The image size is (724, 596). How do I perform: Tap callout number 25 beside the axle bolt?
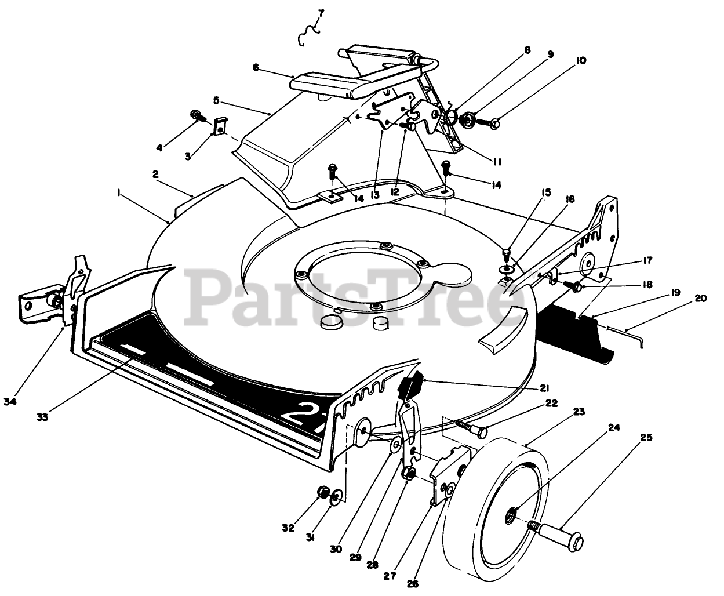tap(645, 438)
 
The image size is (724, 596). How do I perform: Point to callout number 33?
tap(42, 416)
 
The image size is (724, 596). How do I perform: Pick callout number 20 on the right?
tap(700, 299)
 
